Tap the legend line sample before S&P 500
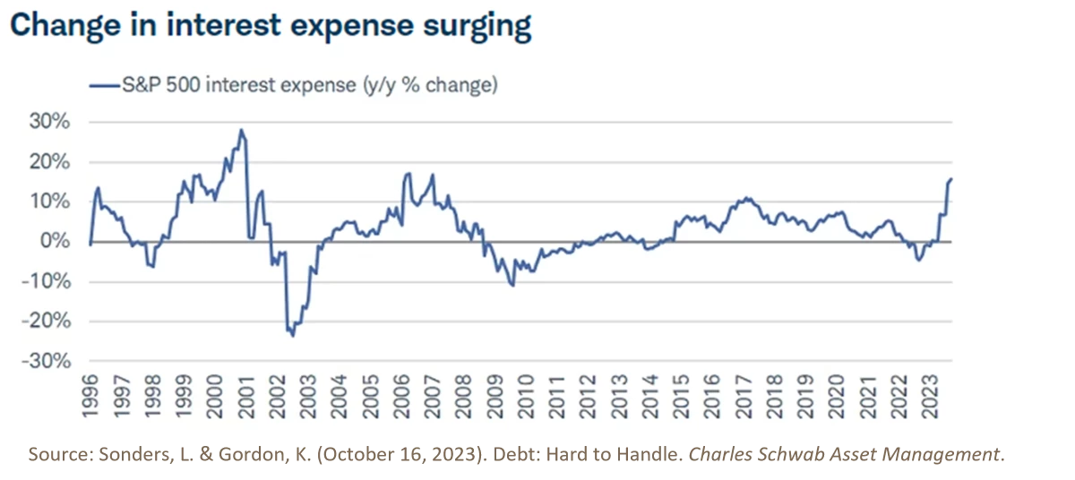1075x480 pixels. point(104,85)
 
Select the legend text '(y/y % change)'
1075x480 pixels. point(431,85)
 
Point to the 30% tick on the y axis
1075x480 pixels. point(51,123)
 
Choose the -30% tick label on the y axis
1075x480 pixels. point(48,361)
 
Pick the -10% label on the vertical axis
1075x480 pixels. point(48,281)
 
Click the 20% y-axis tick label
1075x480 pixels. point(51,162)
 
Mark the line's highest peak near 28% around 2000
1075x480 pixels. point(240,130)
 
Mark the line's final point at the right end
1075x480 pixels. point(951,179)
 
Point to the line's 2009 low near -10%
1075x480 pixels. point(512,286)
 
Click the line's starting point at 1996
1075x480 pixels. point(90,243)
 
